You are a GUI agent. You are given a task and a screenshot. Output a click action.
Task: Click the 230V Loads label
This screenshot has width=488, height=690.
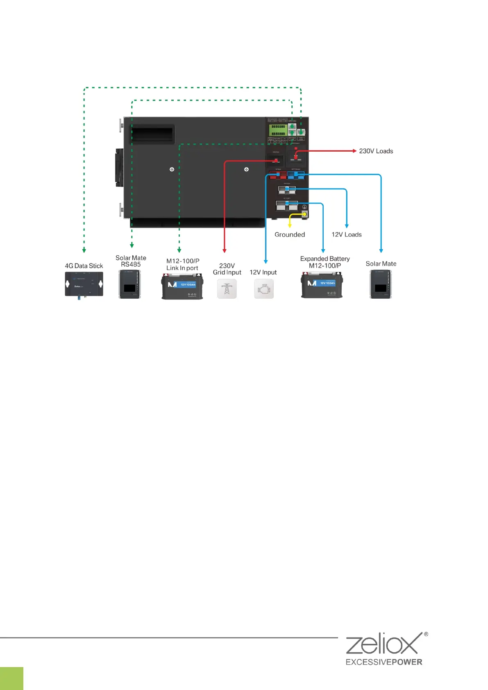376,151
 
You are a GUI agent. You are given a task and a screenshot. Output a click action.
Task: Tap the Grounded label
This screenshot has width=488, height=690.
290,235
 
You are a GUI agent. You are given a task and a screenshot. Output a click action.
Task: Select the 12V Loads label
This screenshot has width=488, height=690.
347,235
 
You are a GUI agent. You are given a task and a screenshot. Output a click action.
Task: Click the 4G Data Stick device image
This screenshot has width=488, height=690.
84,284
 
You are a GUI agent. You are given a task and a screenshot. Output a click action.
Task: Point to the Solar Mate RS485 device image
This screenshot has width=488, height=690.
130,284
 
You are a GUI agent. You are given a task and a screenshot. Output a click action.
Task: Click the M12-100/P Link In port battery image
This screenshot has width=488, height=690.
182,286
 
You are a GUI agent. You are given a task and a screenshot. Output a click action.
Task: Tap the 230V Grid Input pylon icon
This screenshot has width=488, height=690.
227,289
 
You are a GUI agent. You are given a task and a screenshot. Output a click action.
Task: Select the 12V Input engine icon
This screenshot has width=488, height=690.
264,289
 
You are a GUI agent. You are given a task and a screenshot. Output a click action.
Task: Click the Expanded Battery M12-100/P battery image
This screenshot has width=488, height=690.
322,286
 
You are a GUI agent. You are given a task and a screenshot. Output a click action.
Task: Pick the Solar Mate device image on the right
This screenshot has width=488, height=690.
381,284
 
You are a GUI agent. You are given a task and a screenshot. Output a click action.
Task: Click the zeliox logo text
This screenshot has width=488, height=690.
381,644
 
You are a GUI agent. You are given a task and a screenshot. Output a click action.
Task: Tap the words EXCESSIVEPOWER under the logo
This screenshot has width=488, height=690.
384,662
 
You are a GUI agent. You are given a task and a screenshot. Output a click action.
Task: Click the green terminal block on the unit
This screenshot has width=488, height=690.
278,130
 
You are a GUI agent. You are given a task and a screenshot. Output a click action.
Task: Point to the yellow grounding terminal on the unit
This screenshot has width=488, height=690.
304,214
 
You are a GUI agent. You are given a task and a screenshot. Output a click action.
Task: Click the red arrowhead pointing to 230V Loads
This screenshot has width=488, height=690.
354,151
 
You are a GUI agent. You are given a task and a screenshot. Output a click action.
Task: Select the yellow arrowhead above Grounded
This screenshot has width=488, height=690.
290,225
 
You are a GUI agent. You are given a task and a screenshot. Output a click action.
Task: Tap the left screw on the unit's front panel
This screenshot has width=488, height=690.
172,169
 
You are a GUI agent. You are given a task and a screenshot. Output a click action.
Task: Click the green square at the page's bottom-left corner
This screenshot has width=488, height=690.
11,678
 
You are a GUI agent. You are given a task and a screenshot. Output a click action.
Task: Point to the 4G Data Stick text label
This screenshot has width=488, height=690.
84,266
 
